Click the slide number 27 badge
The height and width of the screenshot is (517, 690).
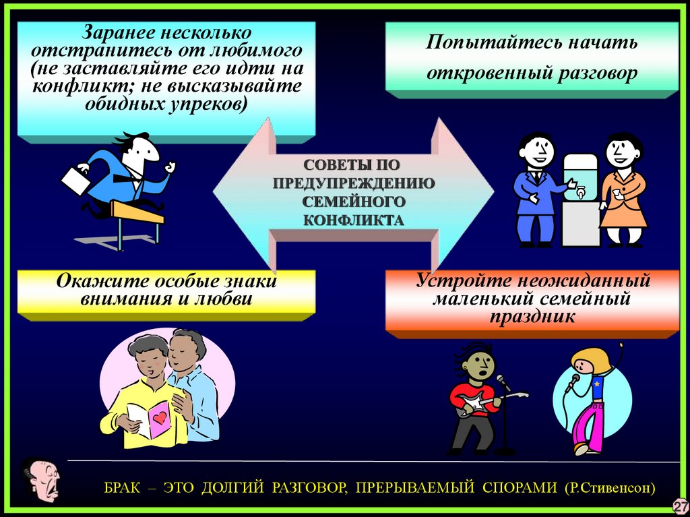point(679,506)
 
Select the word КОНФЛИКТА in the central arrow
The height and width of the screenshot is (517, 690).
point(353,219)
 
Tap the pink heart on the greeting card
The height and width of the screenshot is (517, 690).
point(159,418)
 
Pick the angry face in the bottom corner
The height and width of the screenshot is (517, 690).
point(40,479)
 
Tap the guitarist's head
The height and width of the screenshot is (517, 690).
point(480,364)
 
